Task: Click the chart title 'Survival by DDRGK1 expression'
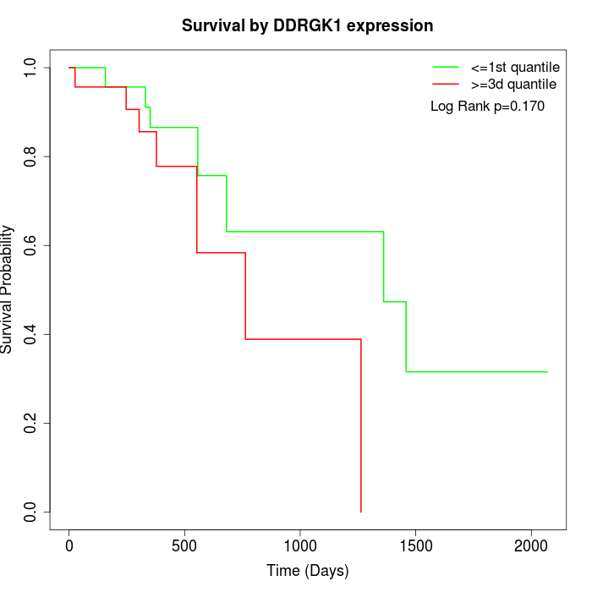tap(307, 26)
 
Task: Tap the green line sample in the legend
tap(446, 66)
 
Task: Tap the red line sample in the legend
tap(446, 85)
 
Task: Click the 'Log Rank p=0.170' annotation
tap(487, 107)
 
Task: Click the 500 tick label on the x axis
tap(184, 546)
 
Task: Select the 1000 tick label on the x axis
tap(300, 546)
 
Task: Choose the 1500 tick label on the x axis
tap(415, 546)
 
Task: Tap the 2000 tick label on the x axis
tap(531, 546)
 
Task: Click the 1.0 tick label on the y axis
tap(31, 68)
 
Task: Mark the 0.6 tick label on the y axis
tap(31, 245)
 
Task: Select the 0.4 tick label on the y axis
tap(31, 334)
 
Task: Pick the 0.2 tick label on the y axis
tap(31, 423)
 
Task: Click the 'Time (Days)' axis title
tap(307, 572)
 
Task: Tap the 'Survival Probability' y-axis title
tap(8, 289)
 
